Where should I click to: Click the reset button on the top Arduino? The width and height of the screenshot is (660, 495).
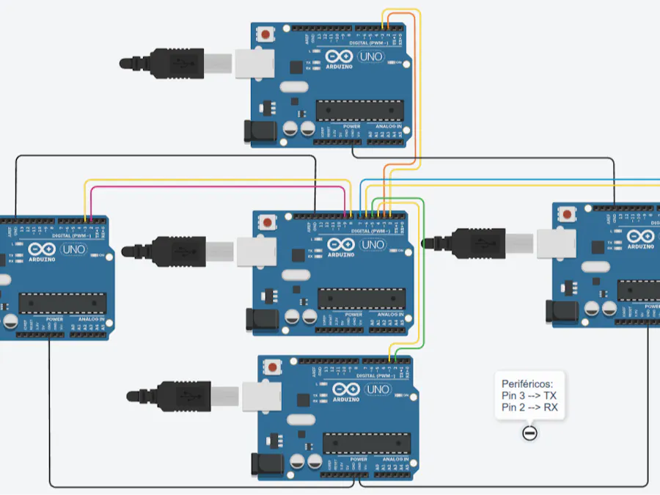coord(265,34)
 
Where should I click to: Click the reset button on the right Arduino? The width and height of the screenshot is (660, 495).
coord(566,215)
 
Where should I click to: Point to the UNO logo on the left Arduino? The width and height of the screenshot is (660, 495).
coord(73,249)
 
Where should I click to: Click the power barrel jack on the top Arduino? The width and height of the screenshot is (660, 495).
coord(258,132)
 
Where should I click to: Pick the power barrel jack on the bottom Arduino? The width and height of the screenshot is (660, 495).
coord(265,463)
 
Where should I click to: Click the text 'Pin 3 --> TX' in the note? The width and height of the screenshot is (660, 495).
coord(529,395)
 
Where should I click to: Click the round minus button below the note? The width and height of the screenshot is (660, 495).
coord(529,433)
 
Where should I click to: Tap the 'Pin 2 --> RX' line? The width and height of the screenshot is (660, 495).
coord(529,407)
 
